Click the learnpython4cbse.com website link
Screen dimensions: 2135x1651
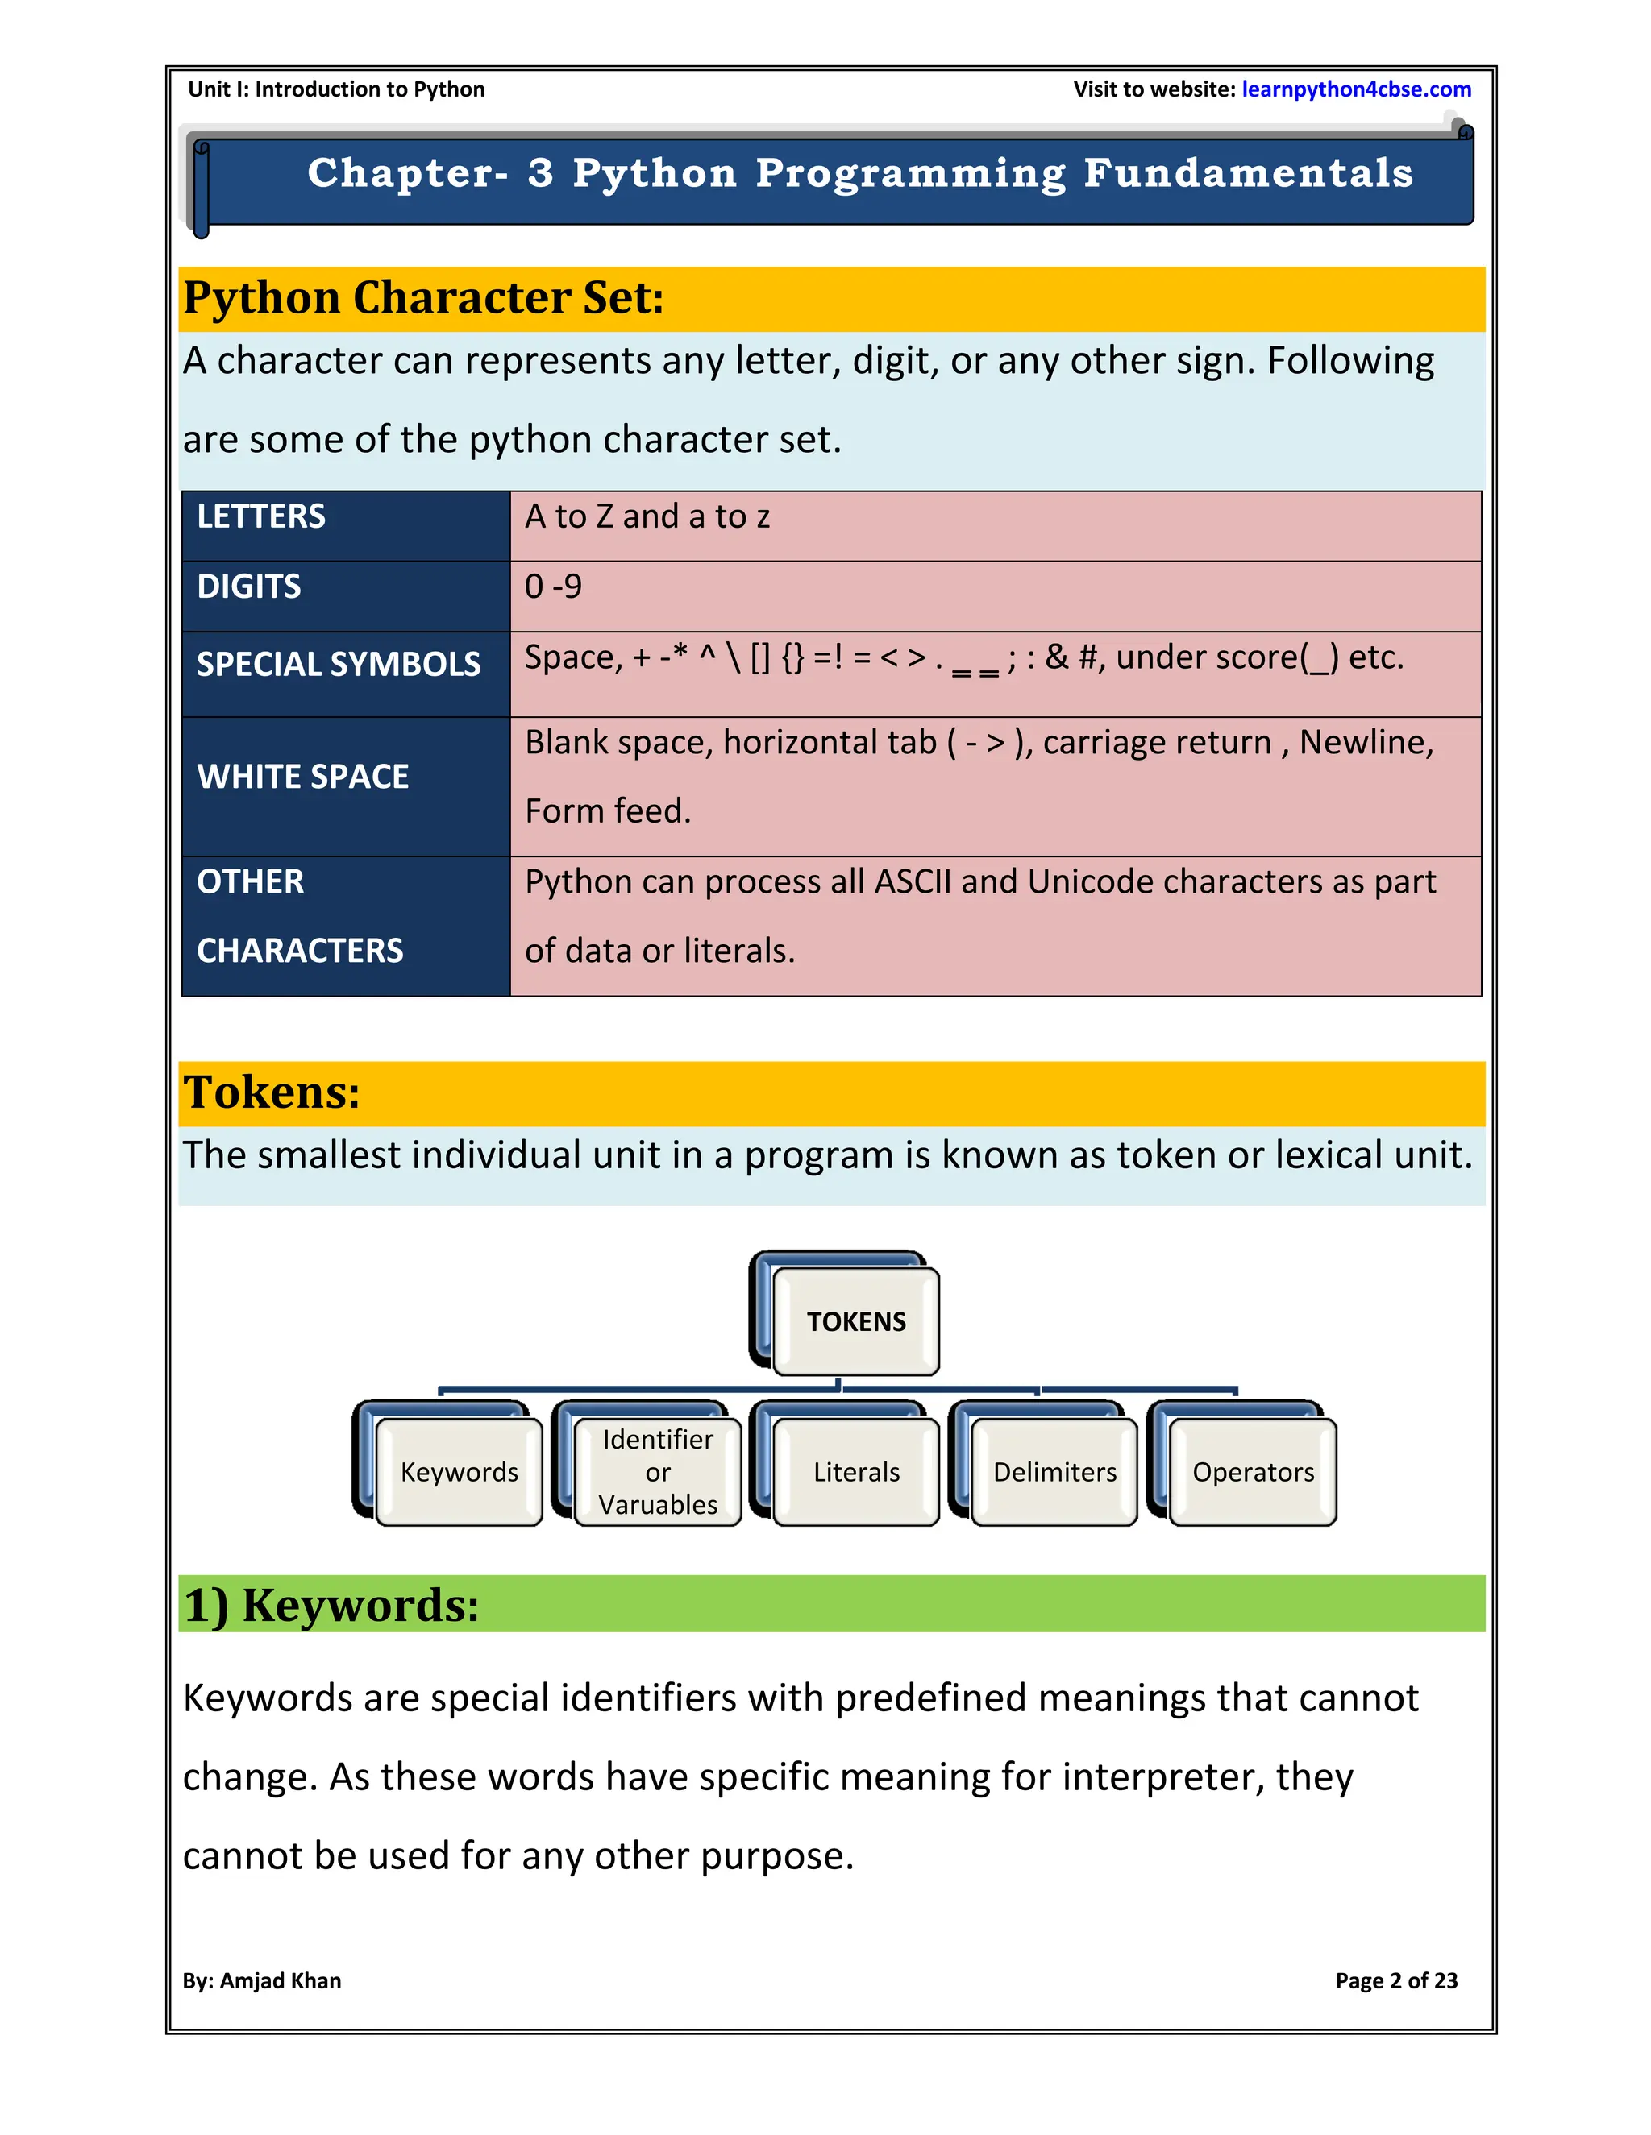[x=1356, y=90]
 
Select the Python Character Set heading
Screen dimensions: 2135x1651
[x=423, y=297]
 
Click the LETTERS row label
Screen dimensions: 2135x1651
[x=261, y=516]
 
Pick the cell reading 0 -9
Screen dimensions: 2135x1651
[x=554, y=587]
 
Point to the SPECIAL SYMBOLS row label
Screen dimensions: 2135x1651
[x=339, y=665]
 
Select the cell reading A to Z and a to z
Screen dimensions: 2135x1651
[x=647, y=516]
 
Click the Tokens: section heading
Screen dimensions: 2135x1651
[x=272, y=1092]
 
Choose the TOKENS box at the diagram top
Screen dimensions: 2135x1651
[x=856, y=1321]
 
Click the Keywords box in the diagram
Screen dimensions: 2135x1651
[x=459, y=1472]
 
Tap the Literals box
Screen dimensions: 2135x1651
[x=856, y=1472]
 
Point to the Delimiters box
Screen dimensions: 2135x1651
[x=1054, y=1472]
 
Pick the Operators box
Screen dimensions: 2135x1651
[x=1253, y=1472]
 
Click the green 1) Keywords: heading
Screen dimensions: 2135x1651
[x=331, y=1605]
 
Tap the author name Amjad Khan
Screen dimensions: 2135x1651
[x=281, y=1980]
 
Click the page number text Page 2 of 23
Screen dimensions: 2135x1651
[x=1395, y=1980]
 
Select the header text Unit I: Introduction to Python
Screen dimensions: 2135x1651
[x=336, y=90]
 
